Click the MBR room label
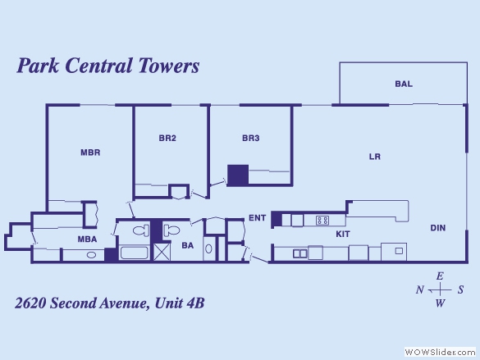(90, 153)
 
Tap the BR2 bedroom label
(167, 139)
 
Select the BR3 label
(251, 139)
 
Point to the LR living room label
(375, 157)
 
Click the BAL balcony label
(404, 84)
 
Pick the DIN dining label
(438, 228)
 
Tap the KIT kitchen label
(343, 234)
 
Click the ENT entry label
(258, 218)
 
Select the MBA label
(87, 239)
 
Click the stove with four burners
(322, 221)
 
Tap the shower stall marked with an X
(162, 252)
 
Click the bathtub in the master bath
(134, 253)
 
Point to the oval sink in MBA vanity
(91, 255)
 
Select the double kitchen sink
(300, 253)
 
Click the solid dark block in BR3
(238, 175)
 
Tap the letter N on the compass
(420, 289)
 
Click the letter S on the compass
(460, 289)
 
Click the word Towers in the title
(169, 66)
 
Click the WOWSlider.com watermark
(440, 352)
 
